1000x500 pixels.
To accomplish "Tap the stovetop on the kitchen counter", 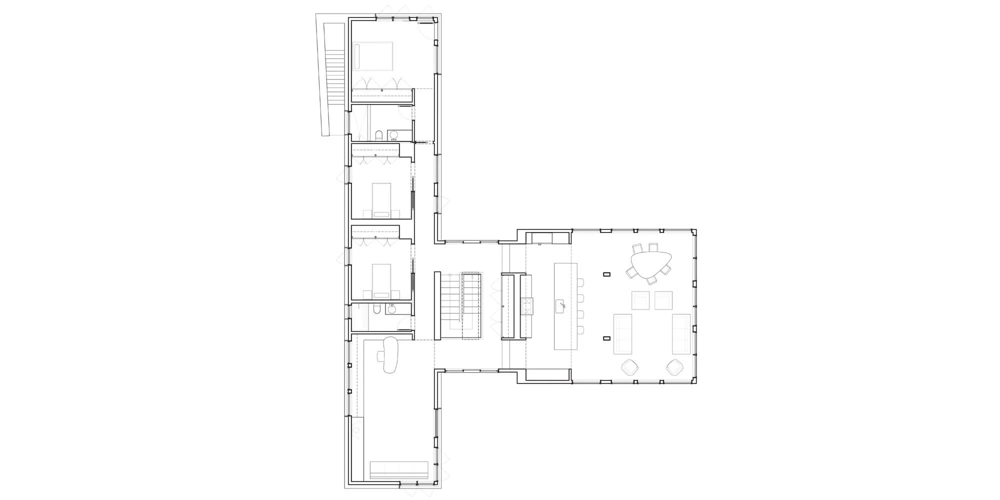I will tap(527, 305).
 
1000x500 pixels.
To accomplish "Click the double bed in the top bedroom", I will tap(373, 55).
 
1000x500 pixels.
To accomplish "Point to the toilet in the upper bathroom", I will tap(378, 135).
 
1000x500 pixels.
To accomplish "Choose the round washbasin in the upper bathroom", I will tap(393, 135).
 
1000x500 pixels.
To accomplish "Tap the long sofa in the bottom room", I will tap(399, 470).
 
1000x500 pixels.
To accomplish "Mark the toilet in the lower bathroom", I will tap(377, 309).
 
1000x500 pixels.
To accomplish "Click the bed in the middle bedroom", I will tap(381, 199).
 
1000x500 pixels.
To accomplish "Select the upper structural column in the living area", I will tap(607, 274).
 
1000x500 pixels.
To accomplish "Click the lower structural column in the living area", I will tap(607, 338).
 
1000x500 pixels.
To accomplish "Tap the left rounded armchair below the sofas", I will tap(630, 367).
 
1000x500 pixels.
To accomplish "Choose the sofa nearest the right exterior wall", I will tap(681, 334).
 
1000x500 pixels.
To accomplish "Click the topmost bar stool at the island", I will tap(580, 283).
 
